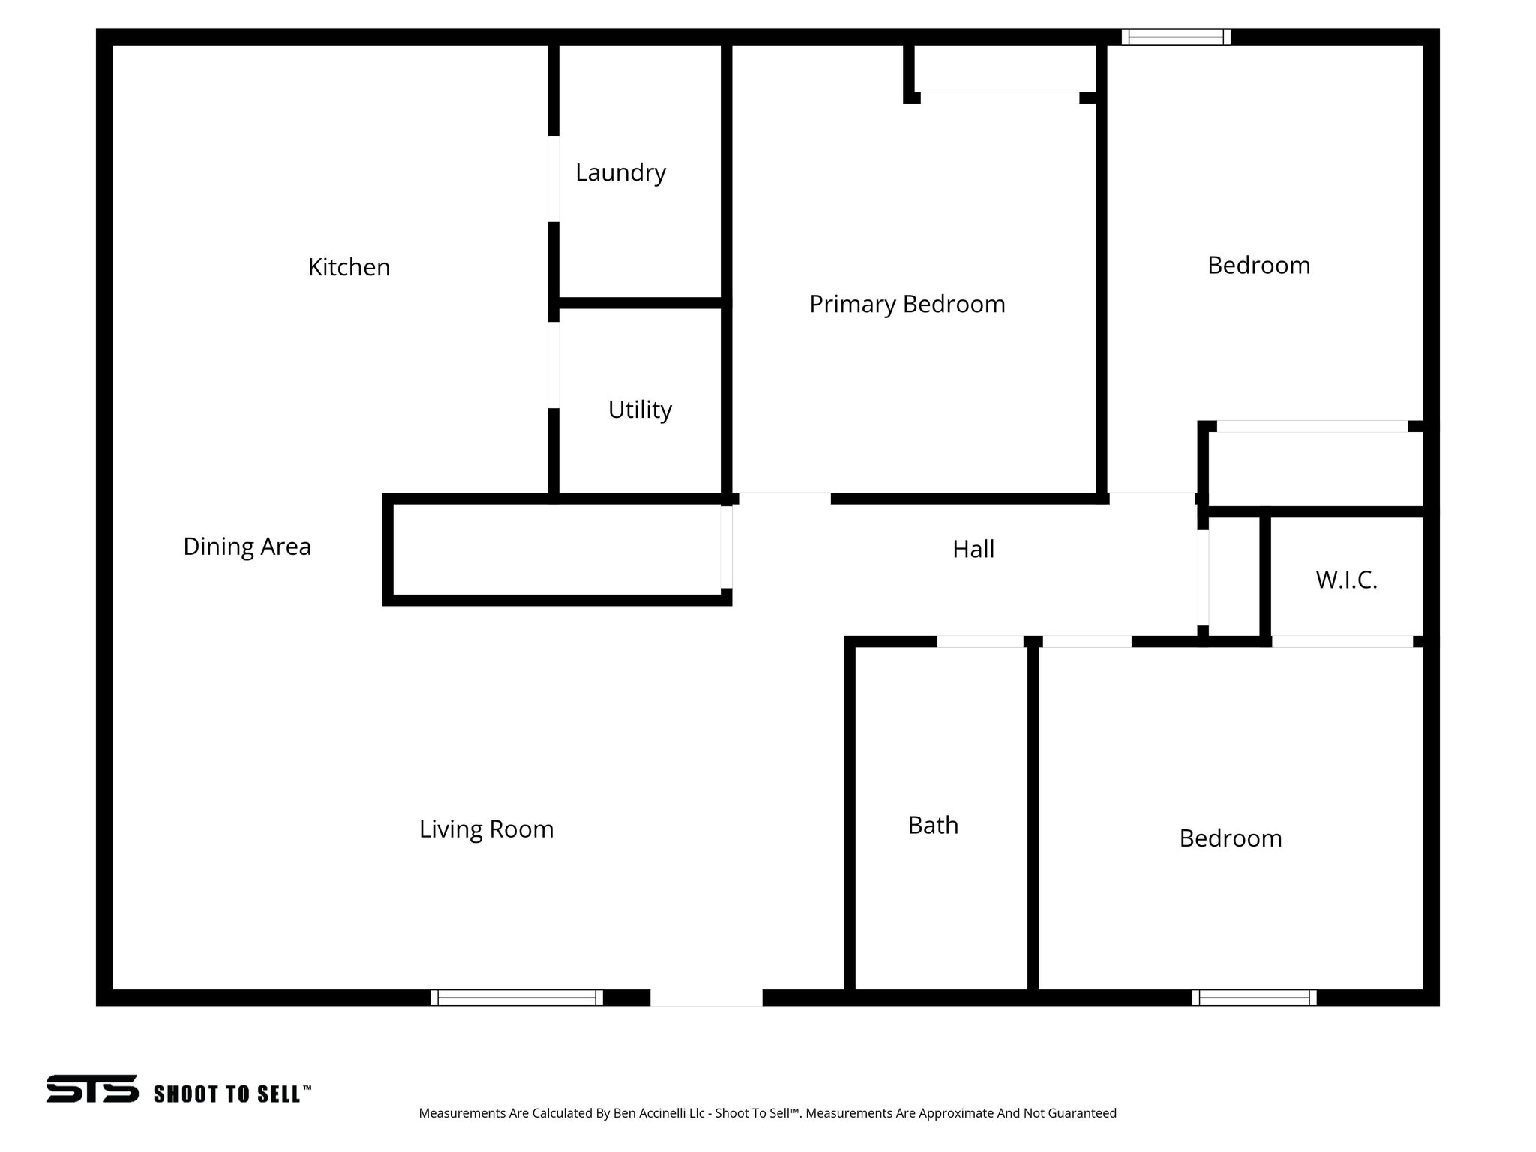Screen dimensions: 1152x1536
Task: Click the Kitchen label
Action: coord(349,267)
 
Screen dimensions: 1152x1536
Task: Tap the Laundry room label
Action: coord(620,173)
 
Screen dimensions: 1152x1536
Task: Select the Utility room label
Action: coord(640,409)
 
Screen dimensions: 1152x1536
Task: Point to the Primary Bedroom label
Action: coord(907,304)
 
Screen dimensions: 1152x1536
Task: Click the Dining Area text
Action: coord(247,547)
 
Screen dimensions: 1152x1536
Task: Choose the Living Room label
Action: coord(486,829)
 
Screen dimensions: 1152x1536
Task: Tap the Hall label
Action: coord(973,549)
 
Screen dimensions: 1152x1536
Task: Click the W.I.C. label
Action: coord(1346,580)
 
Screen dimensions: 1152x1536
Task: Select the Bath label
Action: coord(933,825)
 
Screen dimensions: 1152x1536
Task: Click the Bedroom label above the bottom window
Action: coord(1231,838)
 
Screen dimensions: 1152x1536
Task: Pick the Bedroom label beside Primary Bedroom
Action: coord(1258,265)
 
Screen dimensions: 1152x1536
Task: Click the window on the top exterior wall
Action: coord(1176,37)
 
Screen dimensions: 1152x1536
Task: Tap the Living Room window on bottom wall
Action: coord(517,997)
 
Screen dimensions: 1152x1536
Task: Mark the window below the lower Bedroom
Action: coord(1254,997)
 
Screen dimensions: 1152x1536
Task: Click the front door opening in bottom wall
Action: coord(706,997)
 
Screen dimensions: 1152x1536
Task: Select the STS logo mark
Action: coord(92,1088)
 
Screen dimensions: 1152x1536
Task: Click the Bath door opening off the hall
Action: coord(980,641)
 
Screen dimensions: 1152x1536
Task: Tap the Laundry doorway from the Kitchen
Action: coord(553,178)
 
